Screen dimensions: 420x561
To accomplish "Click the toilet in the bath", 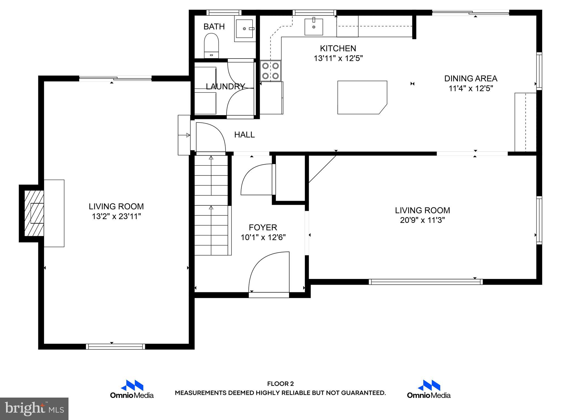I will (x=211, y=45).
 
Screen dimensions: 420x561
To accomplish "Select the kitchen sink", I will (x=314, y=27).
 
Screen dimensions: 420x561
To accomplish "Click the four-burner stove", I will (x=270, y=71).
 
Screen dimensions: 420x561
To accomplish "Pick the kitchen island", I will (x=362, y=97).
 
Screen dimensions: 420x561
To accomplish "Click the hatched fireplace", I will (x=34, y=213).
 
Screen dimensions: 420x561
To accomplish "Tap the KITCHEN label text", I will (x=338, y=48).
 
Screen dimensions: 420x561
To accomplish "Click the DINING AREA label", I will (x=471, y=78).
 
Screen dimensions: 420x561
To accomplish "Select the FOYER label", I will (x=263, y=227).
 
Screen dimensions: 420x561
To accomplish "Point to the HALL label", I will (x=244, y=135).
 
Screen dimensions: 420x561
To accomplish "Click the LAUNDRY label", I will (x=225, y=86).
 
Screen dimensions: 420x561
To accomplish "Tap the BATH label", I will (x=214, y=27).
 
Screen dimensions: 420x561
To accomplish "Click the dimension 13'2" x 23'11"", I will (x=116, y=216).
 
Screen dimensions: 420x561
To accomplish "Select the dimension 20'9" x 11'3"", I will (x=422, y=220).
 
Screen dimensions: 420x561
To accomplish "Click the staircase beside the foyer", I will (x=211, y=205).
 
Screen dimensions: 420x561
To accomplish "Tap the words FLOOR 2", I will (x=280, y=384).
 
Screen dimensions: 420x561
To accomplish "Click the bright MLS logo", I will (x=34, y=409).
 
